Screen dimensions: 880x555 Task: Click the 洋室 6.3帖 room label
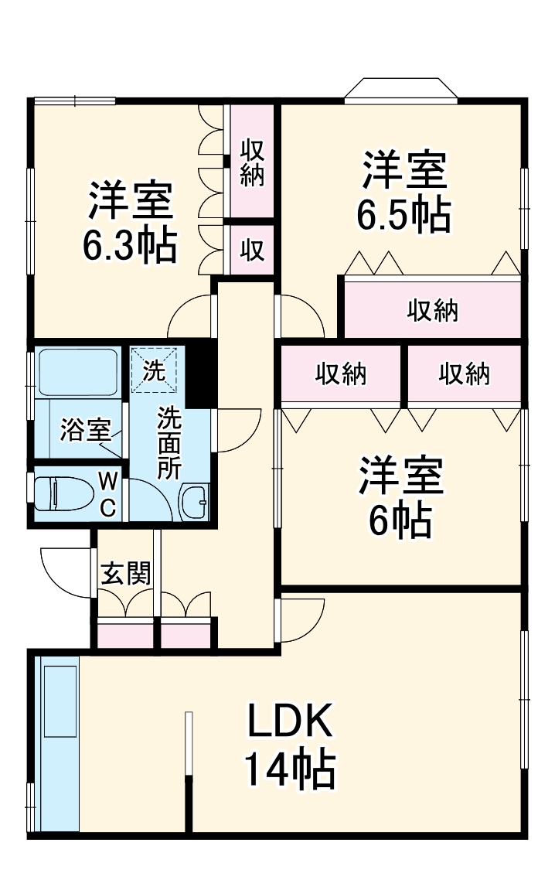130,223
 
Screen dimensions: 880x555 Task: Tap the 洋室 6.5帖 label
403,193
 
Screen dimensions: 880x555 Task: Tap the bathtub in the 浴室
77,372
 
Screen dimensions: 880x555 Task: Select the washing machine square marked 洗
154,370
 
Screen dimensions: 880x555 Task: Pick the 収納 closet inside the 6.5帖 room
433,311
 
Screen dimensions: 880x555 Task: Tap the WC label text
108,495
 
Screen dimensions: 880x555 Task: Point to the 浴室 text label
86,431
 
